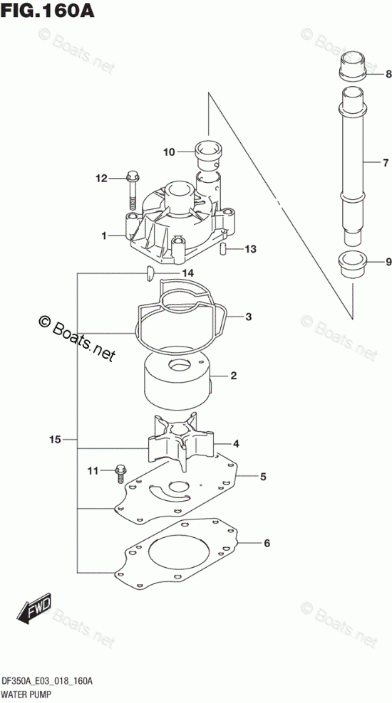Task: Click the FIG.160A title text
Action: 48,10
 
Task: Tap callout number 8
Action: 388,75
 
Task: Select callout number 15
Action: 55,440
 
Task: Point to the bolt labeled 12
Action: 132,190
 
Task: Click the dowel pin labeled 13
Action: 222,249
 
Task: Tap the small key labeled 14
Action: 150,273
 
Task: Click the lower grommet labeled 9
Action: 353,265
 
